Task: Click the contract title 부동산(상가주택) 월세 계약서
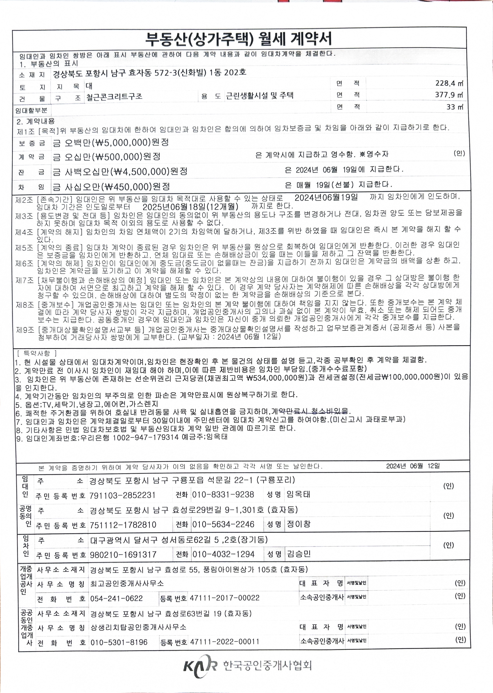239,38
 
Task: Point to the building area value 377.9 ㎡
449,95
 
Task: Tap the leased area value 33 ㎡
454,107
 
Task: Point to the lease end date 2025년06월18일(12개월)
190,207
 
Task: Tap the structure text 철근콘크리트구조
114,97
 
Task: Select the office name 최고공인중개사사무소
127,583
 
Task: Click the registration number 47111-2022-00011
225,642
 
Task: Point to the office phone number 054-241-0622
116,598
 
